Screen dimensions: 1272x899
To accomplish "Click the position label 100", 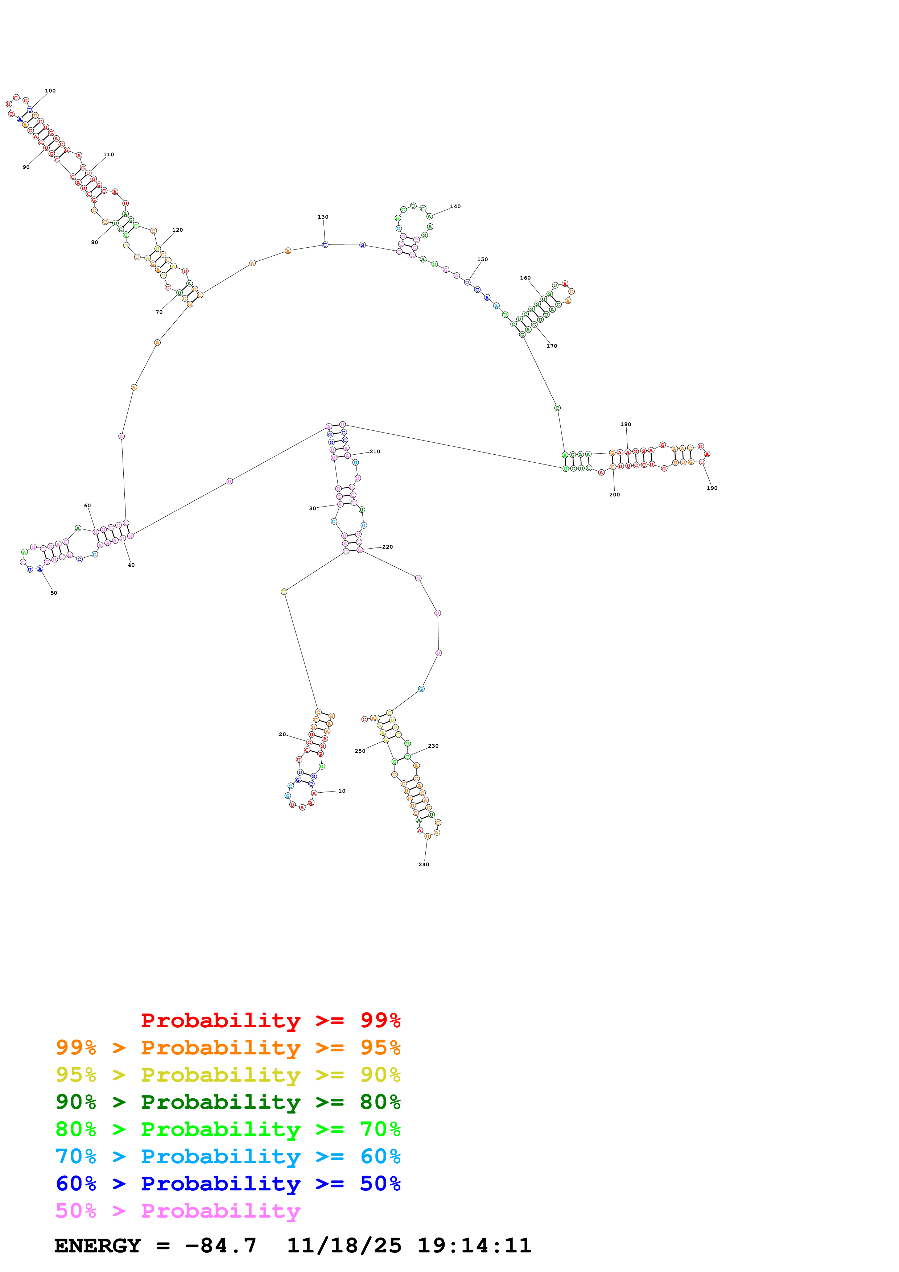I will [50, 91].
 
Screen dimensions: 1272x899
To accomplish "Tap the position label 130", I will [323, 217].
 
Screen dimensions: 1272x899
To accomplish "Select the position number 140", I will [455, 207].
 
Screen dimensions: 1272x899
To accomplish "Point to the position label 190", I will [712, 488].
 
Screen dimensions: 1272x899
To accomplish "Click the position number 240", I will [424, 864].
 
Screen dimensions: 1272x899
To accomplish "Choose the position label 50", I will [54, 593].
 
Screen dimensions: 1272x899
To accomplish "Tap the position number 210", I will [375, 451].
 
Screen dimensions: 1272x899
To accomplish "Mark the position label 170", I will [552, 346].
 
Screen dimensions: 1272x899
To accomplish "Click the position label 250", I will [360, 751].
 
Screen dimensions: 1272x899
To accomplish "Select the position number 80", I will [95, 242].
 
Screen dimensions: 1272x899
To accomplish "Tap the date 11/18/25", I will [344, 1246].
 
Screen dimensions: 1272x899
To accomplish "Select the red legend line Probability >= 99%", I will [270, 1020].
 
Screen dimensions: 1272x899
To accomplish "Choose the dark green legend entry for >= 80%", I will [228, 1102].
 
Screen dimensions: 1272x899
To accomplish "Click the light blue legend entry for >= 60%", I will [228, 1156].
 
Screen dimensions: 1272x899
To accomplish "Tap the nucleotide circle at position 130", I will [325, 245].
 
